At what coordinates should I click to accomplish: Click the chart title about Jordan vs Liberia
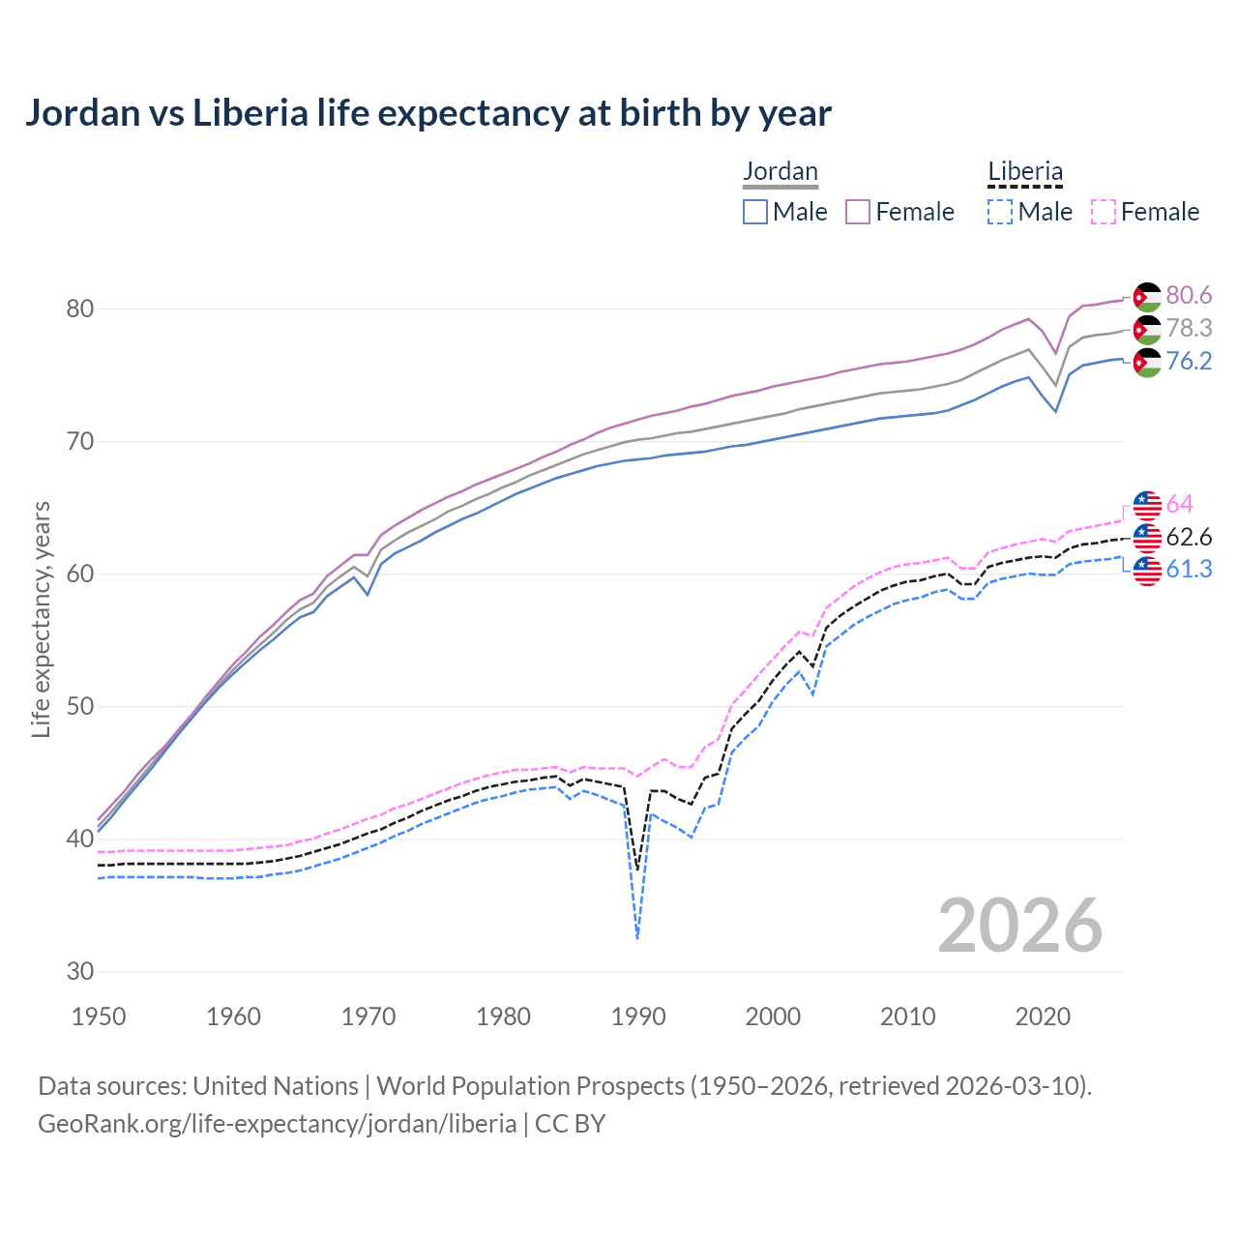(x=427, y=113)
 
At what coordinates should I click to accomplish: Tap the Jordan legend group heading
(x=780, y=171)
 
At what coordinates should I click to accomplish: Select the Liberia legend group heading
(x=1024, y=171)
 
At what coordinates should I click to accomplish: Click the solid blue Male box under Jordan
(x=755, y=212)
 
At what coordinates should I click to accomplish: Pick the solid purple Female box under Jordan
(x=858, y=212)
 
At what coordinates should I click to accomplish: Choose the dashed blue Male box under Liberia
(x=1000, y=212)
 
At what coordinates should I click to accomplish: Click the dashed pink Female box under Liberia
(x=1104, y=212)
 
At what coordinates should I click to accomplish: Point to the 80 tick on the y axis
(x=80, y=309)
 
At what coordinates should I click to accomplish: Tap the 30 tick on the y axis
(x=80, y=971)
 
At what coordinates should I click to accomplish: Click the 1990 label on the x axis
(x=638, y=1017)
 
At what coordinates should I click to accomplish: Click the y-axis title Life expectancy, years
(x=42, y=619)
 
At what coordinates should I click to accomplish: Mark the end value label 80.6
(x=1189, y=295)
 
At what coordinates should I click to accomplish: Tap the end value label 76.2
(x=1189, y=361)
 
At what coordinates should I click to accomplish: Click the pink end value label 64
(x=1179, y=504)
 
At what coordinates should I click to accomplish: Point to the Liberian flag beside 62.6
(x=1147, y=537)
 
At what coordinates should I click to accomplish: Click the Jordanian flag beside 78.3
(x=1147, y=329)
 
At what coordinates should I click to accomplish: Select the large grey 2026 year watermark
(x=1019, y=926)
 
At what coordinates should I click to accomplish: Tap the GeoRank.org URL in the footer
(x=277, y=1124)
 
